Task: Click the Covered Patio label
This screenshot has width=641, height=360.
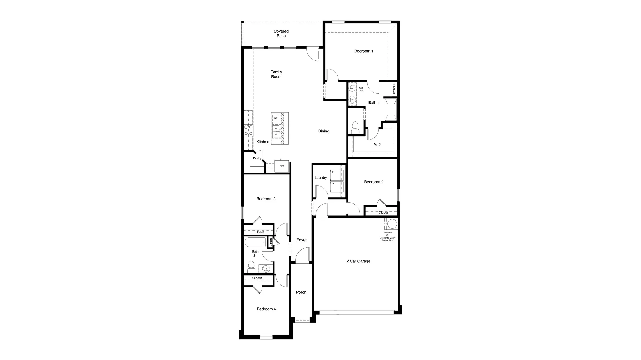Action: [x=281, y=34]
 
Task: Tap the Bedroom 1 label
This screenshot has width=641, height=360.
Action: [x=364, y=51]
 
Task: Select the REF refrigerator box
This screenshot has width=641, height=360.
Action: [x=282, y=166]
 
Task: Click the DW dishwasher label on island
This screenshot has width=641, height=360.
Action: [x=275, y=118]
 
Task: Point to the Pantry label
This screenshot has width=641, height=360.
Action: [x=257, y=158]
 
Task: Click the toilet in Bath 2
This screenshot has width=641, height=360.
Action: [x=251, y=267]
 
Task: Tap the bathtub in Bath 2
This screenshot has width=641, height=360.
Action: [x=255, y=242]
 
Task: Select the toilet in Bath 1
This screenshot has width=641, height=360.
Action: [x=355, y=128]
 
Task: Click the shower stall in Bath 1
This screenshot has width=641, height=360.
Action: [x=391, y=110]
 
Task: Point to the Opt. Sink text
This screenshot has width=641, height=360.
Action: [x=361, y=89]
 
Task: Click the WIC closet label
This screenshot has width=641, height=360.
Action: [x=377, y=144]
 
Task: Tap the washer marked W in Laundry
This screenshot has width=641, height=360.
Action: [x=336, y=175]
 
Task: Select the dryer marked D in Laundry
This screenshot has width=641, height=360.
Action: [x=336, y=187]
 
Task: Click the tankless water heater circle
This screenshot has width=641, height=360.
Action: [x=392, y=224]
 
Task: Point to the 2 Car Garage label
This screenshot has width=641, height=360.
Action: [x=358, y=261]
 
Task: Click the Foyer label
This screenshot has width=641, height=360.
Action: [x=302, y=240]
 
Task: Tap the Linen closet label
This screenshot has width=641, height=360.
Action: [x=271, y=242]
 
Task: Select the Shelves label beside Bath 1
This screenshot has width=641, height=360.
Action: [x=394, y=89]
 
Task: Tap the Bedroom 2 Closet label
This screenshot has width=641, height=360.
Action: [x=383, y=213]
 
